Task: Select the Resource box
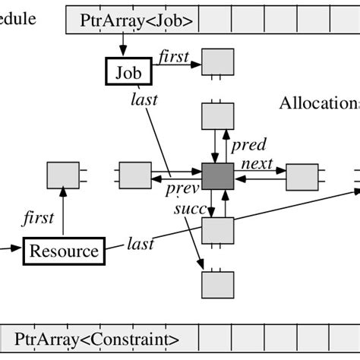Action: click(63, 251)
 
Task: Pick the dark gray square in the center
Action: click(218, 176)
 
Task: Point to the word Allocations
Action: click(319, 103)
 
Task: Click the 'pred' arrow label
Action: click(248, 145)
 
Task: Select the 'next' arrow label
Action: click(257, 163)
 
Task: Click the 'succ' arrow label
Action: click(187, 207)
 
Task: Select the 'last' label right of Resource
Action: click(141, 244)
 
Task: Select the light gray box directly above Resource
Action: click(62, 176)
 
